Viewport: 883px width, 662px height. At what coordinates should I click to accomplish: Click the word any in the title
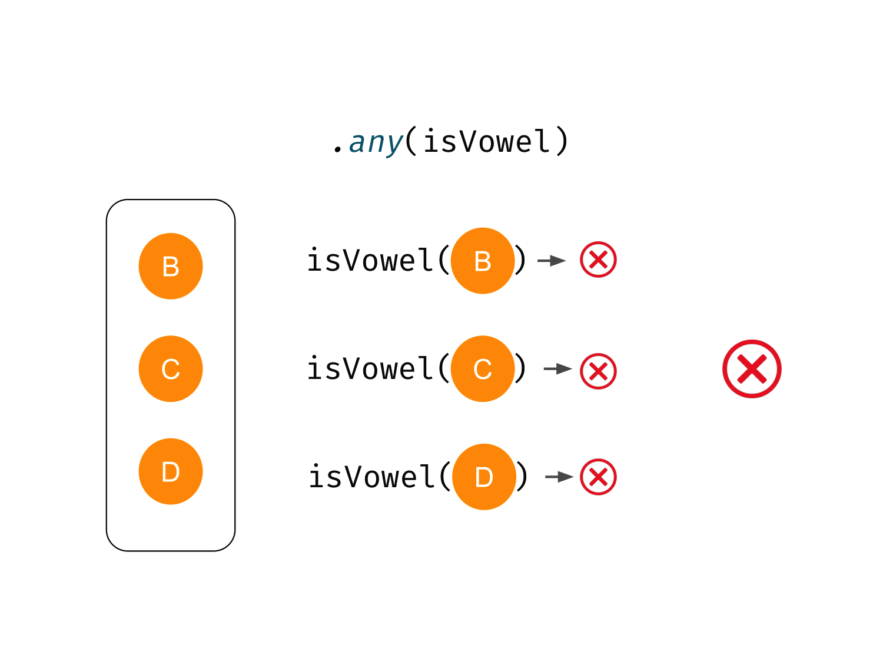pos(376,142)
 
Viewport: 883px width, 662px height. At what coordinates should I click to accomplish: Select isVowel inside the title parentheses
pos(486,142)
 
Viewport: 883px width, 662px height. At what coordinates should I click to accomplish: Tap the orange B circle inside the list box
pos(171,266)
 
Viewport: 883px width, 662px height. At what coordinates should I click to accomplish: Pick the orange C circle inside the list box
pos(171,369)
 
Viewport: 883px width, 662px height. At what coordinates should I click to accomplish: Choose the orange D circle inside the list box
pos(171,471)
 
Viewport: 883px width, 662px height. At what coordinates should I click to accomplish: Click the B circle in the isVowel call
pos(483,261)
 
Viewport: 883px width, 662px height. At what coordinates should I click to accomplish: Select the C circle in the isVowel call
pos(483,369)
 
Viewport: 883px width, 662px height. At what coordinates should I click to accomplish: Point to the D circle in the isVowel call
pos(484,477)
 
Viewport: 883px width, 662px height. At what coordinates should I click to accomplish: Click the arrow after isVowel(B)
pos(552,260)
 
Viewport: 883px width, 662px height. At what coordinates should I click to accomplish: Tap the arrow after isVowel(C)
pos(557,369)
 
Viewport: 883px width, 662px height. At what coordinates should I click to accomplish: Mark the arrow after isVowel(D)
pos(559,477)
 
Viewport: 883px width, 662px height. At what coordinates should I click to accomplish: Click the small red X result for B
pos(598,260)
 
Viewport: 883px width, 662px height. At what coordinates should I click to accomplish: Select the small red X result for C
pos(598,371)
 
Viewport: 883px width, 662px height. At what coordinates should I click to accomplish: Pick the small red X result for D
pos(598,477)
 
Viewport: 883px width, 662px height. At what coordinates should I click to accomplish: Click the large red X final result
pos(752,369)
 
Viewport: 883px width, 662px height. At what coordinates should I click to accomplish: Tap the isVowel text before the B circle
pos(370,261)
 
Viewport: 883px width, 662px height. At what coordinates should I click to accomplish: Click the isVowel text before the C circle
pos(370,369)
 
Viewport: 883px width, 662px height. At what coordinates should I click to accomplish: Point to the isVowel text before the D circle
pos(371,477)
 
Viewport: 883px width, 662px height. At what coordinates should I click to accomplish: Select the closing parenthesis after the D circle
pos(522,477)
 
